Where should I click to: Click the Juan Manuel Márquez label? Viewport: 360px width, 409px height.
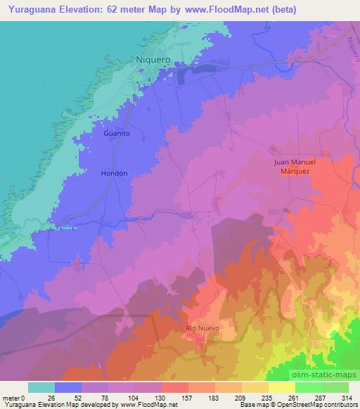click(295, 167)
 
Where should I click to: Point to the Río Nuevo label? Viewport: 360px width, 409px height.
click(202, 328)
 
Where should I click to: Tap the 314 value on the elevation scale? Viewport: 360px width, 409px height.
click(347, 397)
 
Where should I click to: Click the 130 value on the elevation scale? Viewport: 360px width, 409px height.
click(162, 397)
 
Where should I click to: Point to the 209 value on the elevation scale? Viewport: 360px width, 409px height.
click(241, 397)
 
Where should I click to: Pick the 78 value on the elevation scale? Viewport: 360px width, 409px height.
click(108, 397)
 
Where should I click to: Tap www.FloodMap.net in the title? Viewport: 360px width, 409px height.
click(219, 10)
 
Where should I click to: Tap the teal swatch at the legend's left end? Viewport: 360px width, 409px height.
click(42, 387)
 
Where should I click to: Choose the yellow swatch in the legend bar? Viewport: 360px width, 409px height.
click(282, 387)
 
